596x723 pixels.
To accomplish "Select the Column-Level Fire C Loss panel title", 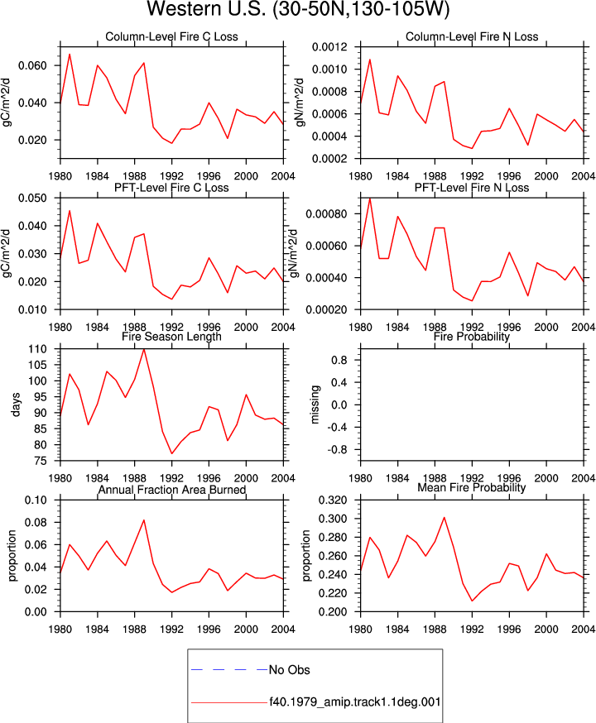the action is (x=171, y=37).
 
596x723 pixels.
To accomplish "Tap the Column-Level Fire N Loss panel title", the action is (x=472, y=37).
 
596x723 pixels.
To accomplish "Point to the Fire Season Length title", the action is (x=171, y=337).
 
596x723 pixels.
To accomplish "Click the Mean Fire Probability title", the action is (x=472, y=487).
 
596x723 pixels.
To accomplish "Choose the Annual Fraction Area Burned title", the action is (x=171, y=490).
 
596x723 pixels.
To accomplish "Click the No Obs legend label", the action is (x=289, y=669).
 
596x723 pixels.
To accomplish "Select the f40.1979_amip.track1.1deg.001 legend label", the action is (x=355, y=702).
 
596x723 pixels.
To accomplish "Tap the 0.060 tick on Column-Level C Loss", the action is (x=33, y=65).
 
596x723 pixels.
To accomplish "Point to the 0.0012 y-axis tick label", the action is (x=329, y=46).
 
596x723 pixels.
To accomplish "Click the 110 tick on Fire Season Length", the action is (x=38, y=349).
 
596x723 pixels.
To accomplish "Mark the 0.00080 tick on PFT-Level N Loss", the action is (x=327, y=214).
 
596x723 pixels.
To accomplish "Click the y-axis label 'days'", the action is (x=17, y=405).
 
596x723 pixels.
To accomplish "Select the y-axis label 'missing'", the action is (x=315, y=405).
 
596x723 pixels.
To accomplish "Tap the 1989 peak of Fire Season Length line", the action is (x=144, y=349).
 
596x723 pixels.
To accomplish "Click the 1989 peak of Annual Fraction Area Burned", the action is (x=144, y=520).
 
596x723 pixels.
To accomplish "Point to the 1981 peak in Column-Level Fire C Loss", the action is (x=70, y=54).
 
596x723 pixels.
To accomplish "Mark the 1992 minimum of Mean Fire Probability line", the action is (x=472, y=601).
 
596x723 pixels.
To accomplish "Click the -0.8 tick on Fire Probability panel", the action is (x=339, y=449).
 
